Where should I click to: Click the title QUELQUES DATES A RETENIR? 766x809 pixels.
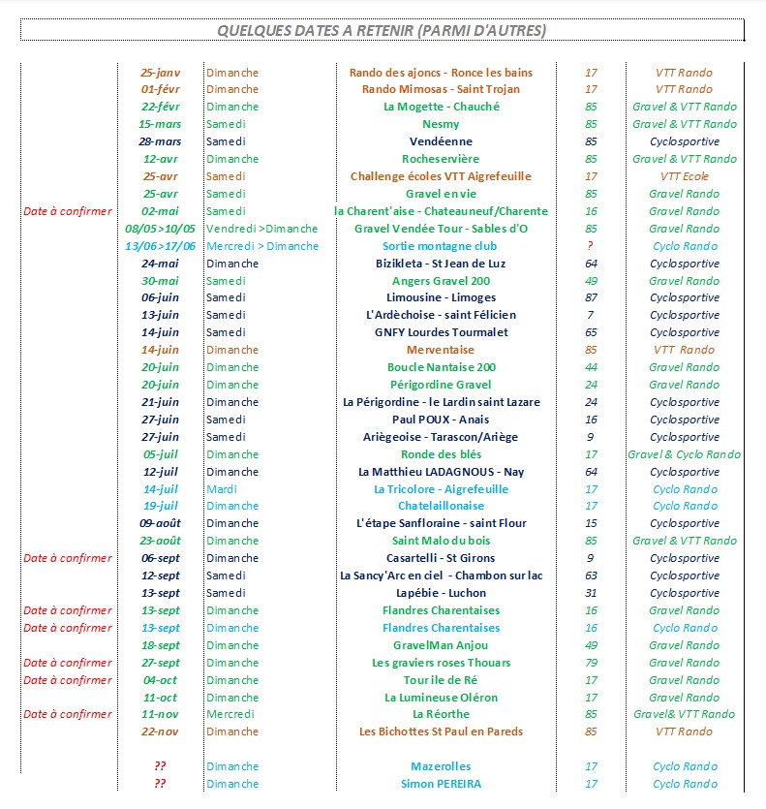click(x=382, y=31)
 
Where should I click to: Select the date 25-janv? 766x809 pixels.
click(x=160, y=72)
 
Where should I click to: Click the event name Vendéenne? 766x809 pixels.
click(x=441, y=141)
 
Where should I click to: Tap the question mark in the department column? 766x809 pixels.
click(x=591, y=246)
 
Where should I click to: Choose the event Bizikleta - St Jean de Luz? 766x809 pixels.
click(x=441, y=264)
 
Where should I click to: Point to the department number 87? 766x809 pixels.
click(x=591, y=297)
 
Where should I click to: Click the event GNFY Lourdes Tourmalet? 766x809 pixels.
click(x=441, y=332)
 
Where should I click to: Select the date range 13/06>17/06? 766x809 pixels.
click(x=161, y=246)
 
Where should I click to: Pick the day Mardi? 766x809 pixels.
click(x=222, y=489)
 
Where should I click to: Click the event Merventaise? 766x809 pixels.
click(x=441, y=350)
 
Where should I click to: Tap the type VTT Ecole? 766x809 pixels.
click(x=684, y=176)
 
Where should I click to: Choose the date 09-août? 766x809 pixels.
click(x=160, y=523)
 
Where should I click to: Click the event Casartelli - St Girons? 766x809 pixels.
click(x=441, y=558)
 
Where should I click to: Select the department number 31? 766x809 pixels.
click(x=591, y=593)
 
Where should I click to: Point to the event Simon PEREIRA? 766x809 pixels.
click(x=441, y=784)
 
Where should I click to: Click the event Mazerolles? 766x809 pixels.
click(x=441, y=766)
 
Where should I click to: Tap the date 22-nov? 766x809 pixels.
click(x=160, y=731)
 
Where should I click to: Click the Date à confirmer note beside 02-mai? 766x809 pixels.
click(x=68, y=211)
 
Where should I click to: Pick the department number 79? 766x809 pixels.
click(x=591, y=663)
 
